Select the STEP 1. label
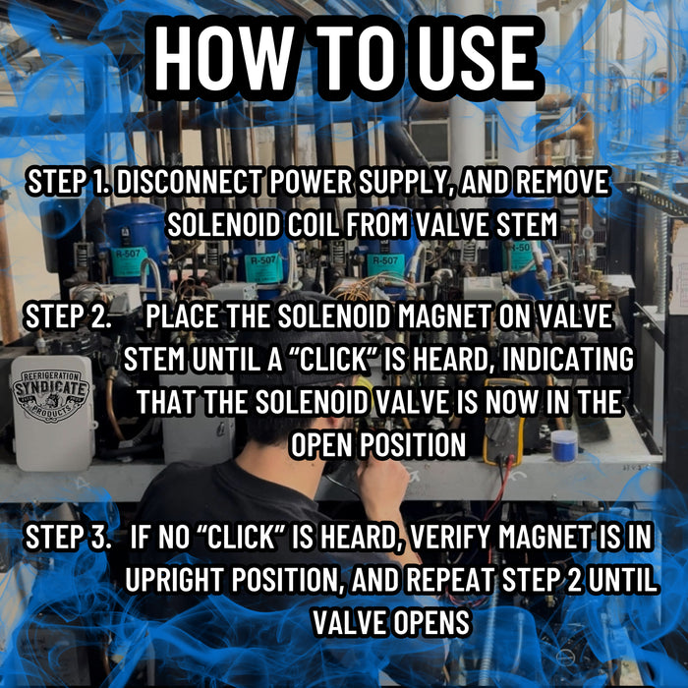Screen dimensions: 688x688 [x=70, y=181]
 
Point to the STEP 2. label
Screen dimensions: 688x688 [x=68, y=316]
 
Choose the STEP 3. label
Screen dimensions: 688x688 [x=68, y=537]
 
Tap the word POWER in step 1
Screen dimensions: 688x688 [x=311, y=181]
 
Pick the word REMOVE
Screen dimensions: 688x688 [x=562, y=181]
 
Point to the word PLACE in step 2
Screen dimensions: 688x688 [x=181, y=316]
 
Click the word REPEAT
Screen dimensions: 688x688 [x=450, y=580]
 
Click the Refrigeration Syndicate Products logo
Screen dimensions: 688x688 [x=52, y=396]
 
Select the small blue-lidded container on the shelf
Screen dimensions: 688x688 [x=564, y=445]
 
